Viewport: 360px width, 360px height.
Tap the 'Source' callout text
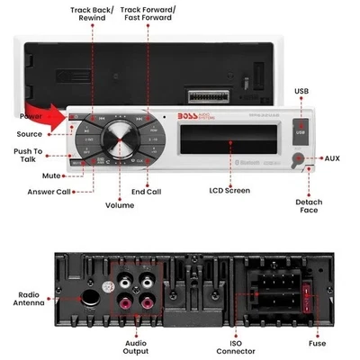(x=28, y=134)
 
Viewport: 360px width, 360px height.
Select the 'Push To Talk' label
(x=28, y=156)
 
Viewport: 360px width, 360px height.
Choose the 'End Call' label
(x=148, y=191)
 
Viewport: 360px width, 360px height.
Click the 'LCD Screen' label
(x=229, y=191)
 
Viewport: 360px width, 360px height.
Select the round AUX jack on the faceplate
(x=310, y=160)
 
